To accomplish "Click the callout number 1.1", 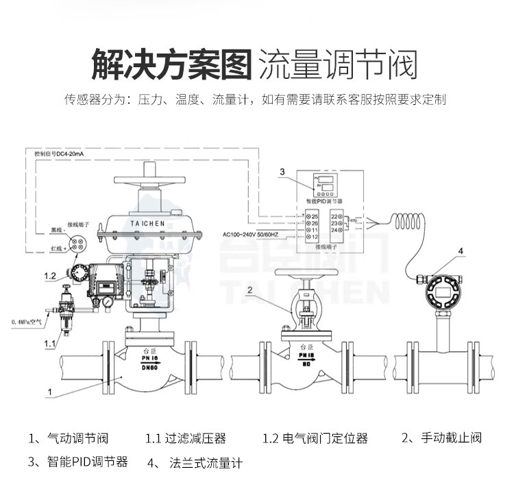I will pos(49,342).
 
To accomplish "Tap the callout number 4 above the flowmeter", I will pos(461,252).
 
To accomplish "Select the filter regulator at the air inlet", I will pos(67,309).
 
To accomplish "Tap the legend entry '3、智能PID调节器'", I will pos(78,462).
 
